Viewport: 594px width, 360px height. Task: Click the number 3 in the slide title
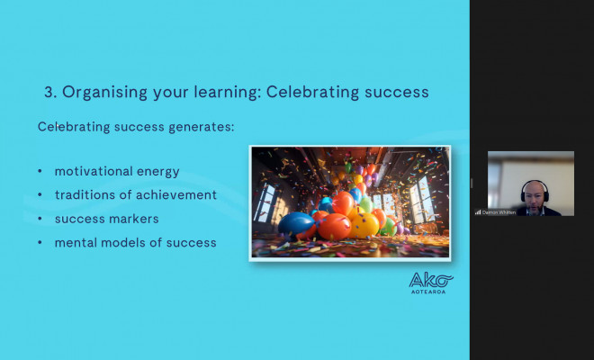49,92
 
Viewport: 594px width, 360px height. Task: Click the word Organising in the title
99,92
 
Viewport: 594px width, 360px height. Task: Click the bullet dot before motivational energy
40,171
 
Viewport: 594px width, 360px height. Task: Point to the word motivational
93,171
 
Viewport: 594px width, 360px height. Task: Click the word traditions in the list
85,194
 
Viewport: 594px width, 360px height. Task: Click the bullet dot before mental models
40,242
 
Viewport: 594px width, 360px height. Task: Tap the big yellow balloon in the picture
363,223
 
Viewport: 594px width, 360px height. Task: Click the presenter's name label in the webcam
499,212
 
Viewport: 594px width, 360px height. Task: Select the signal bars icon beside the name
478,212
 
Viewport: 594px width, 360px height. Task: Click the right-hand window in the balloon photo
421,200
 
